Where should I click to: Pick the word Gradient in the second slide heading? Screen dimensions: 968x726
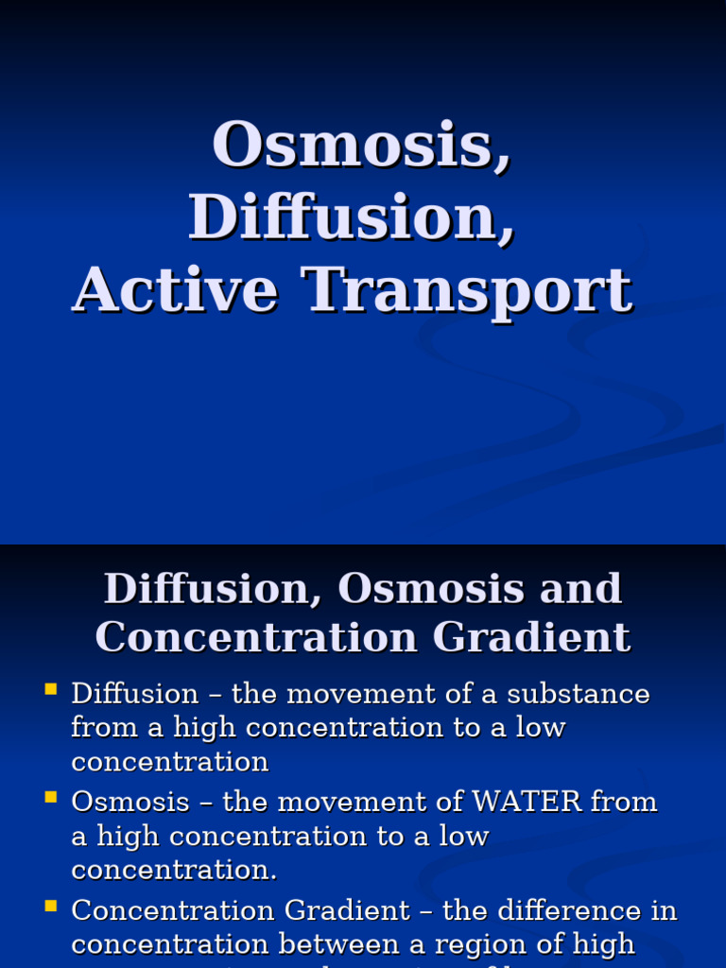532,636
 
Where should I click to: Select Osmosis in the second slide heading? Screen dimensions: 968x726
431,589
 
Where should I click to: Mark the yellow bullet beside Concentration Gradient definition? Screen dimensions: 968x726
51,906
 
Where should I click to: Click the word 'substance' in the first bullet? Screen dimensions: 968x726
579,694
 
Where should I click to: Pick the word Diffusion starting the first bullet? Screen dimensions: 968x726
134,694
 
